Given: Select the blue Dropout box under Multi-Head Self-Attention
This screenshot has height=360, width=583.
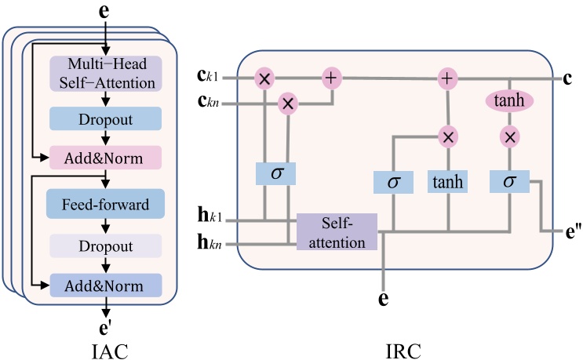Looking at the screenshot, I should pos(105,118).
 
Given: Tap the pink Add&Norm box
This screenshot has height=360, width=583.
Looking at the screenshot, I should pos(105,158).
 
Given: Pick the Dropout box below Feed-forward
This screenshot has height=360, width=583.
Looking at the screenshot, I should pos(105,245).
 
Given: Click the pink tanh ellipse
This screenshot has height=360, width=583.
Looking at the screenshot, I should pos(511,101).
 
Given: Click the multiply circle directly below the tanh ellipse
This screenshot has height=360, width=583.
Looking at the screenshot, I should pos(511,137).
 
